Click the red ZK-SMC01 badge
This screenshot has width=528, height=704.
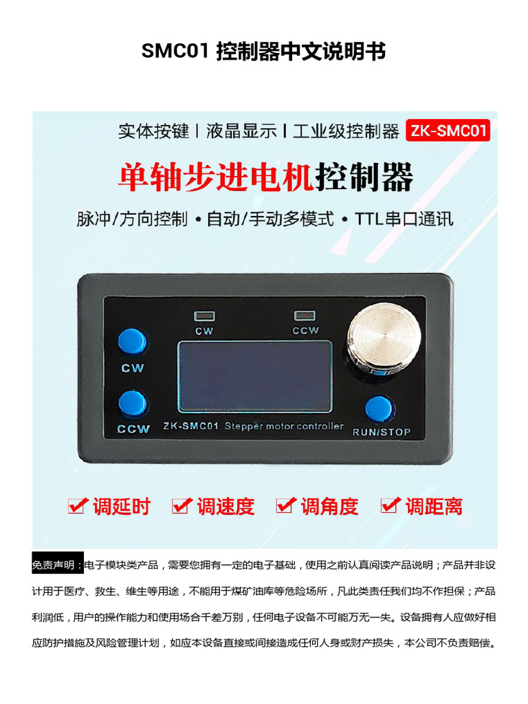point(448,131)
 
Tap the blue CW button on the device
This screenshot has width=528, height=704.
point(132,342)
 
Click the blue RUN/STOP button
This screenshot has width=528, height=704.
point(379,409)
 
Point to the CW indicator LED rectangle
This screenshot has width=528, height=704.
point(204,316)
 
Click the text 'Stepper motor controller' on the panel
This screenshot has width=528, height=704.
point(284,426)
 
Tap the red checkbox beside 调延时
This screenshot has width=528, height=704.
point(77,506)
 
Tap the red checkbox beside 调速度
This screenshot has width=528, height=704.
point(181,506)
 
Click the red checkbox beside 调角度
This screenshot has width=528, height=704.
point(285,506)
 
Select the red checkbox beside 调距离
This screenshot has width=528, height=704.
point(390,506)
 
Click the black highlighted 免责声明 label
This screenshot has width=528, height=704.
point(58,565)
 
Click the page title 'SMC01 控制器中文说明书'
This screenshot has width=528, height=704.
point(264,52)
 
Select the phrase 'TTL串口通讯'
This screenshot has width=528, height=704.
point(404,220)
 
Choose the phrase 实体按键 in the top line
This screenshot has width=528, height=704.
point(153,131)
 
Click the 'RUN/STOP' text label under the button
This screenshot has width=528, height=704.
point(381,432)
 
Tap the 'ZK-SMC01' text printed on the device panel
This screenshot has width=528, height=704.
point(190,426)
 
